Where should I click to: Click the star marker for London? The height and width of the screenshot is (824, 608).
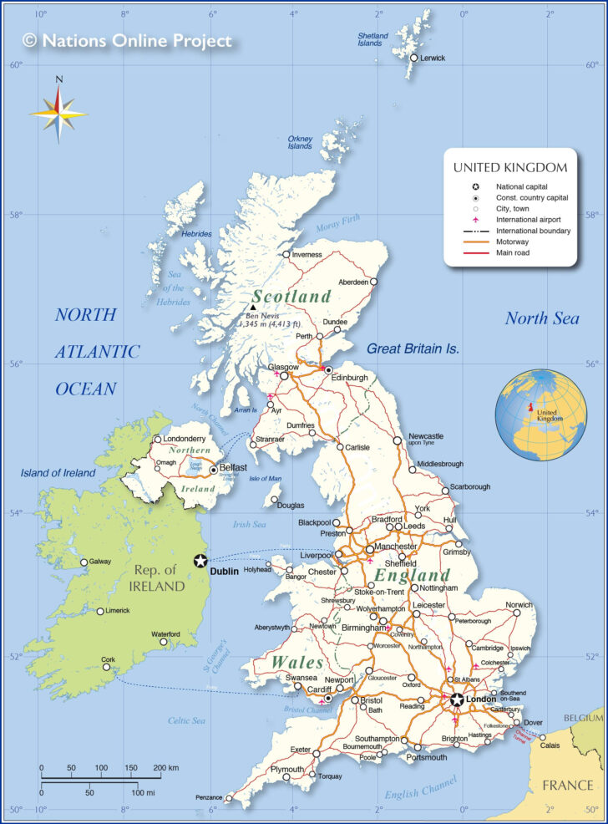point(457,699)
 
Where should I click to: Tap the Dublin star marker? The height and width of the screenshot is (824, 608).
point(200,561)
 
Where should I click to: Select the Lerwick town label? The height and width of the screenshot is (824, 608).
point(433,58)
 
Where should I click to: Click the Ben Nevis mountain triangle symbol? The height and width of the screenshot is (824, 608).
point(252,308)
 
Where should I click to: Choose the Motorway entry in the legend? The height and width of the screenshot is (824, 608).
point(512,242)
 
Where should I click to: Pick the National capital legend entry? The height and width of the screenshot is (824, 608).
point(522,186)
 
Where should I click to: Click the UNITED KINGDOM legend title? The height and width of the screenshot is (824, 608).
point(510,167)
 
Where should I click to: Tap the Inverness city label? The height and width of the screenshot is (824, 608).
point(307,254)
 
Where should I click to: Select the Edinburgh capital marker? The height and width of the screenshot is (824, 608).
point(328,369)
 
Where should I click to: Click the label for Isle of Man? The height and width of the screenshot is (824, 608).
point(266,478)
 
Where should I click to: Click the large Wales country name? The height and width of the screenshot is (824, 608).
point(296,662)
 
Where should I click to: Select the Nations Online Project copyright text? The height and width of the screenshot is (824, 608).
point(127,40)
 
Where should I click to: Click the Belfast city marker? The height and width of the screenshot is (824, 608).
point(214,470)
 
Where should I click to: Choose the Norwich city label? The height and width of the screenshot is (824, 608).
point(518,604)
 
